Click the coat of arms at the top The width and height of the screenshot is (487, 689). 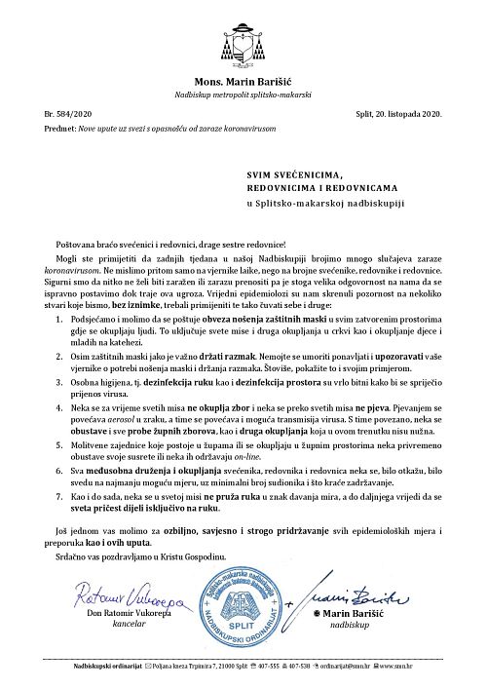[243, 42]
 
